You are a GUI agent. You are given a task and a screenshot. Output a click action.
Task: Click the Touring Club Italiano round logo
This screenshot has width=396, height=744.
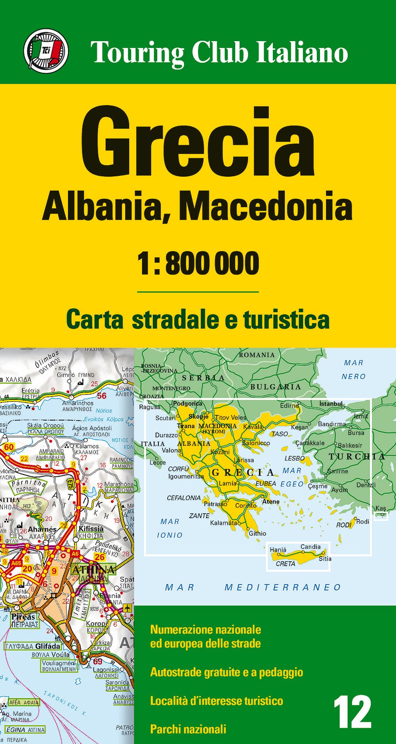tap(46, 51)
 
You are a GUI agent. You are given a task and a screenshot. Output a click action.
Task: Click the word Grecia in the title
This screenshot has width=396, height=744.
tap(198, 143)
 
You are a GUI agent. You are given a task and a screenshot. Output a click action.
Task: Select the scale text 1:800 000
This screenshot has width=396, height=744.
tap(198, 264)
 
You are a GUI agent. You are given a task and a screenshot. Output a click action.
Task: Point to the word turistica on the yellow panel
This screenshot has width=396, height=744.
tap(286, 320)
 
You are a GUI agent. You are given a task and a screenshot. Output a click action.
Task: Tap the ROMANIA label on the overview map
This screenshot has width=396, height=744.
tap(257, 355)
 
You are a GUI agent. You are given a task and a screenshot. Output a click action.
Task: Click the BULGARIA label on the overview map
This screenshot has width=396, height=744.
tap(276, 387)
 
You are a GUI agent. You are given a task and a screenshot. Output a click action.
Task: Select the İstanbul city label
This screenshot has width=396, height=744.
tap(331, 404)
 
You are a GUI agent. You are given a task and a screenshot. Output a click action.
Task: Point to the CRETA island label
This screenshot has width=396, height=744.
tap(286, 564)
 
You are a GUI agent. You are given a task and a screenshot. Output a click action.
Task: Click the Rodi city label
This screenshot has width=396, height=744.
tap(363, 522)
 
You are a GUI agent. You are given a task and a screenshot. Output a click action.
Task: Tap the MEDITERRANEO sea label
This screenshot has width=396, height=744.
tap(283, 587)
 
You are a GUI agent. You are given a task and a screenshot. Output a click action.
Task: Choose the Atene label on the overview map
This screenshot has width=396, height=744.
tap(271, 501)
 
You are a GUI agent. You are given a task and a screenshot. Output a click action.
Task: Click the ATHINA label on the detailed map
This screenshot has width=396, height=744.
tap(93, 570)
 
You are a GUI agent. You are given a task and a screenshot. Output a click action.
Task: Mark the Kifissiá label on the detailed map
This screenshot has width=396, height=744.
tap(91, 529)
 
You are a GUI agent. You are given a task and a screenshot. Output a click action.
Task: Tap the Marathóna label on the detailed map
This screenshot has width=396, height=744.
tap(119, 484)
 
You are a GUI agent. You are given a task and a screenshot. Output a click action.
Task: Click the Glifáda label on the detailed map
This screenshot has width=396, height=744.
tap(48, 646)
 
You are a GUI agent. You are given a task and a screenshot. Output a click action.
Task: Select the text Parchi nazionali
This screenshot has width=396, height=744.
tap(188, 729)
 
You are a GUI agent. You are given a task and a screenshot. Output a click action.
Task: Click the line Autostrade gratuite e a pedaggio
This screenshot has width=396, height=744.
tap(227, 672)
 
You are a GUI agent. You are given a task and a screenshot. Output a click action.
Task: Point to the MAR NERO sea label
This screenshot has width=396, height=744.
tap(354, 370)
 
